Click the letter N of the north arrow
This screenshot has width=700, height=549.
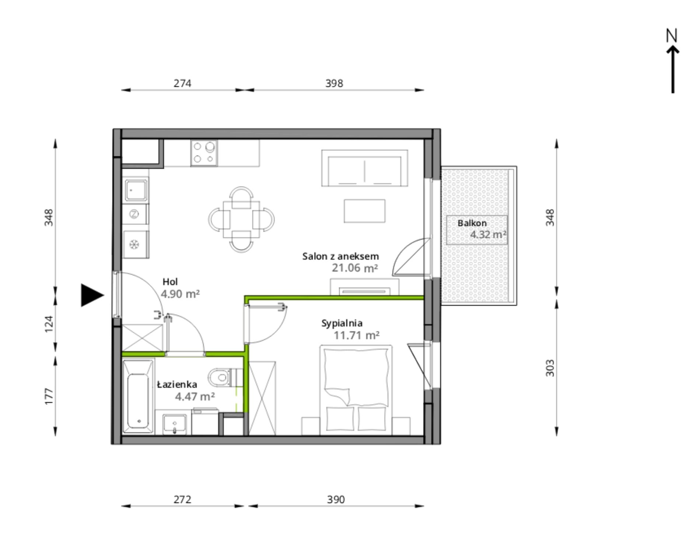(672, 35)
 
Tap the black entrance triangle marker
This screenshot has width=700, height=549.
(92, 295)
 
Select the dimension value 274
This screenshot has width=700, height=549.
(182, 83)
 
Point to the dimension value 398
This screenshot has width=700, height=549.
(334, 83)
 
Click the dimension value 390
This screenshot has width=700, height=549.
(336, 500)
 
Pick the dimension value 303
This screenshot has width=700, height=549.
(550, 368)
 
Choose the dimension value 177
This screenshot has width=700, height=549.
(49, 396)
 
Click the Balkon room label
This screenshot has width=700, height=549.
(472, 223)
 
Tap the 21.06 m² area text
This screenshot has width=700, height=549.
(355, 268)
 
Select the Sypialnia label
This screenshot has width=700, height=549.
(342, 324)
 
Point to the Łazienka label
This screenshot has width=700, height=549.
(177, 384)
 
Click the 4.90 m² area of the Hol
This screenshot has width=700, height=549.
(180, 294)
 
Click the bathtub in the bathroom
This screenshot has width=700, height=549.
(139, 396)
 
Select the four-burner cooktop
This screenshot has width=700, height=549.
(204, 153)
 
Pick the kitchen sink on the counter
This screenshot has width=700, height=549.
(136, 190)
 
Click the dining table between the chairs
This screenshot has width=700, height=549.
(241, 220)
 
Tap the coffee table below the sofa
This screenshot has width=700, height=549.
(365, 211)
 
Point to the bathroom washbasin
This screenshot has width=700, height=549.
(175, 424)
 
